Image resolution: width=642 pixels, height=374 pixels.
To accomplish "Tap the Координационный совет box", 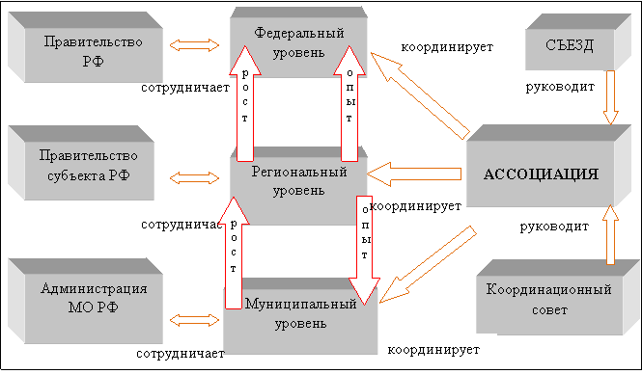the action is [x=558, y=298].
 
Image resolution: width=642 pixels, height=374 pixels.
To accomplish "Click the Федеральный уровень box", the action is [x=298, y=42].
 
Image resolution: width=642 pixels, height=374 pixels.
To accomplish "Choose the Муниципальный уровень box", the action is [x=300, y=316].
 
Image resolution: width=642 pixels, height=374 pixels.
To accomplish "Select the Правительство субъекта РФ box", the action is [x=81, y=163].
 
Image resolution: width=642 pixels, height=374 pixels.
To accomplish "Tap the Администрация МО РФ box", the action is [x=85, y=301].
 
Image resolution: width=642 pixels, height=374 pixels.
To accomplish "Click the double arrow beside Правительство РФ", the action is [x=194, y=45].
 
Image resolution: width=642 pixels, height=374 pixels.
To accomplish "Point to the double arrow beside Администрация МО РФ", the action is [x=194, y=320].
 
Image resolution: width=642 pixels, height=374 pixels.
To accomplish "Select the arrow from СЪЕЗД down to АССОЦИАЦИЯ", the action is [x=610, y=97].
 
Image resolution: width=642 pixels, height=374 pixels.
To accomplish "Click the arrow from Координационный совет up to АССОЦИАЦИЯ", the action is [x=610, y=234].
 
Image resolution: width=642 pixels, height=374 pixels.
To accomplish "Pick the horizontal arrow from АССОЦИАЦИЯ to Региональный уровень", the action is [x=414, y=174].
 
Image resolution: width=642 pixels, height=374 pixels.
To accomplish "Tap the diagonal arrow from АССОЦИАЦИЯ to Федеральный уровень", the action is [x=420, y=95].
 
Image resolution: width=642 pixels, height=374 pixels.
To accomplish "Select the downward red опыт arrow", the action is [x=364, y=251].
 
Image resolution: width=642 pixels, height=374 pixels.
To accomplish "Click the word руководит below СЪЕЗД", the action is [x=560, y=87].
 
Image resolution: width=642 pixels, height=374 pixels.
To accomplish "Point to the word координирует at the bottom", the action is [x=433, y=350].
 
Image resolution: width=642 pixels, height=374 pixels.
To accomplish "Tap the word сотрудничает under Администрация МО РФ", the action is [x=181, y=354].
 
